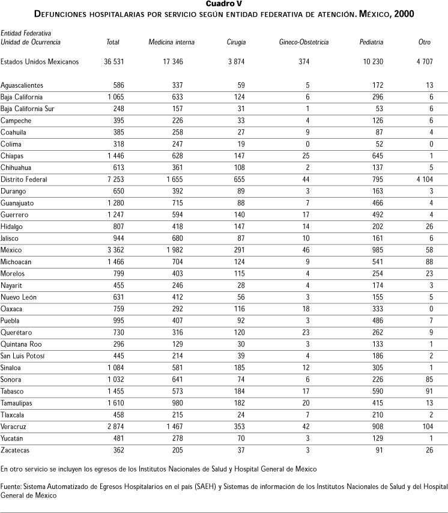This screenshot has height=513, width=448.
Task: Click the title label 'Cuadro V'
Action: coord(223,4)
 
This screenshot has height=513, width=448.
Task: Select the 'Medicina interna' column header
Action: coord(171,43)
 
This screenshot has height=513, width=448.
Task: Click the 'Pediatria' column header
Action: coord(371,43)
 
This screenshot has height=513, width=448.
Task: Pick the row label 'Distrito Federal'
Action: coord(24,180)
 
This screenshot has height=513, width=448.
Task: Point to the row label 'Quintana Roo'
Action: coord(22,344)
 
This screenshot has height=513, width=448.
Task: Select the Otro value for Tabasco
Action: coord(427,391)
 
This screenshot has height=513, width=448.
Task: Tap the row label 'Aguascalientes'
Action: coord(22,85)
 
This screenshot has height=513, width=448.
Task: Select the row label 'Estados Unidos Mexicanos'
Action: coord(40,62)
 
